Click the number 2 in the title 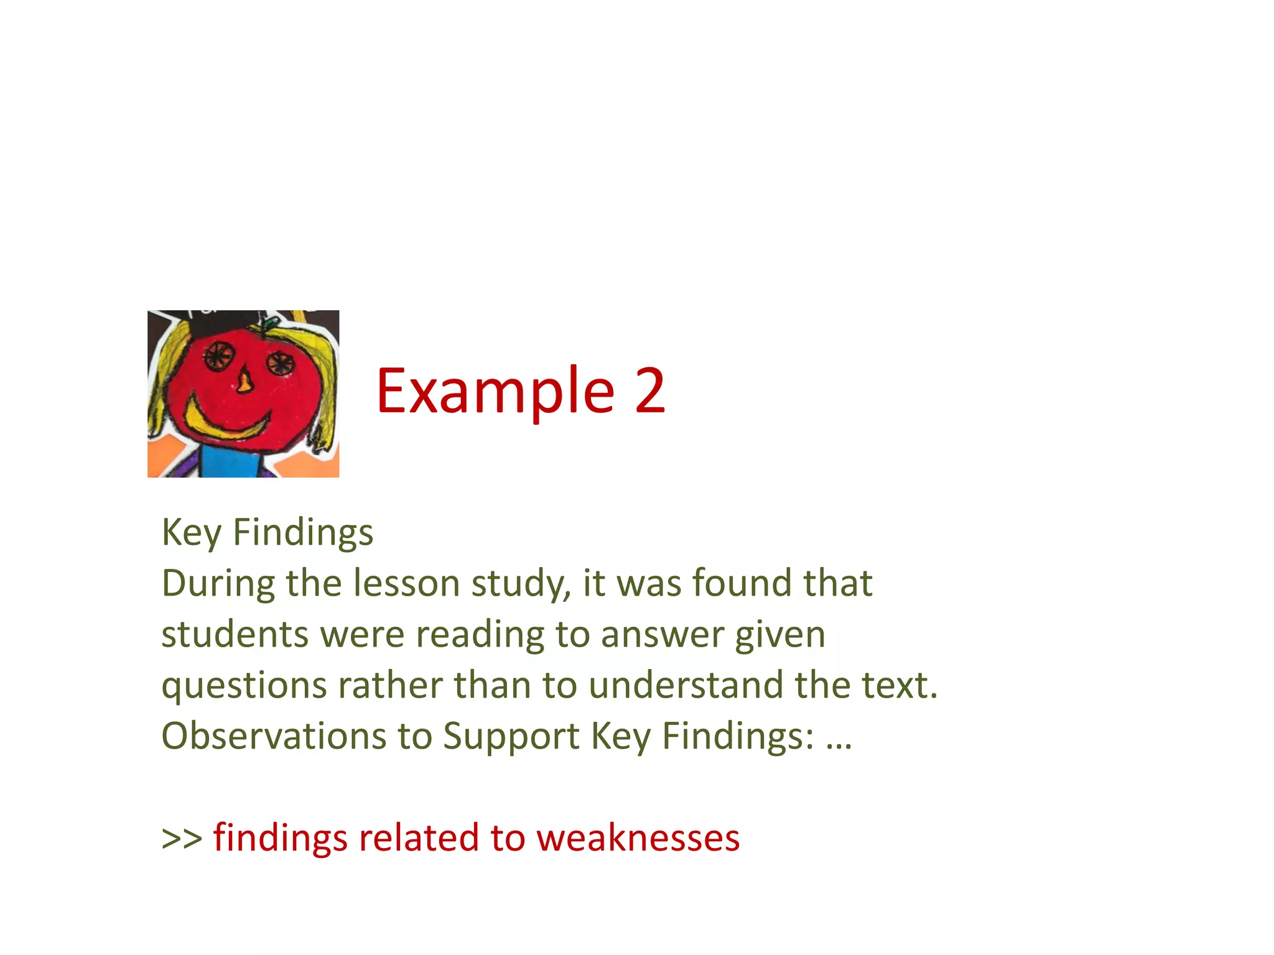649,390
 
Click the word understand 686,685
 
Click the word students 235,635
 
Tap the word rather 390,685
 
